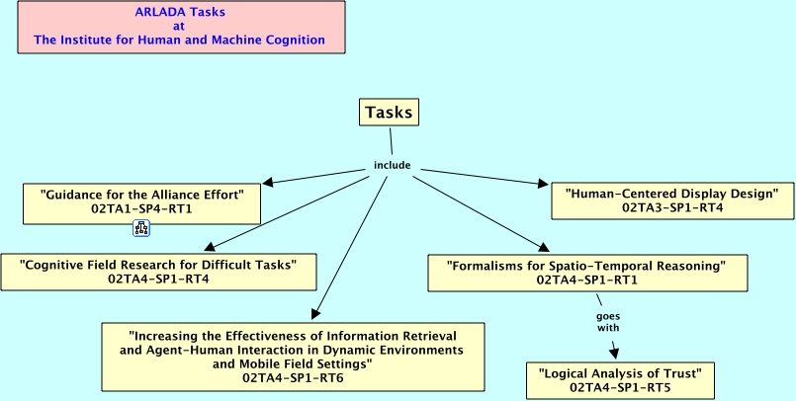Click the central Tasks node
tap(389, 113)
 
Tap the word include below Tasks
tap(392, 165)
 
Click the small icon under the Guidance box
tap(141, 229)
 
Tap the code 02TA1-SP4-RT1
tap(142, 209)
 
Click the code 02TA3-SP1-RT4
tap(672, 208)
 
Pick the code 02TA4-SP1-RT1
tap(586, 281)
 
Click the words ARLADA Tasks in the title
tap(179, 13)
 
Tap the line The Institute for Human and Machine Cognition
tap(179, 40)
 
